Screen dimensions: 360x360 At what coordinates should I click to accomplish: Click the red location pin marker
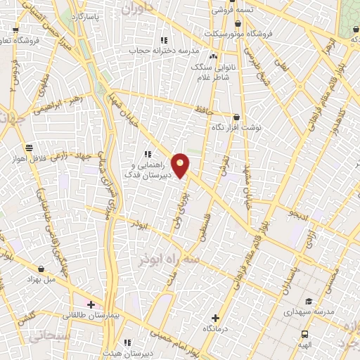[x=181, y=165]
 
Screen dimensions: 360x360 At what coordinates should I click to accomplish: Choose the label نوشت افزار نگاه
[x=236, y=129]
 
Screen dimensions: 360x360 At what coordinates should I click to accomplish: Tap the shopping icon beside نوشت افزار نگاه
[x=236, y=117]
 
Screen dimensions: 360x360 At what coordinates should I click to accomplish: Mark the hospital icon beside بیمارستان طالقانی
[x=91, y=304]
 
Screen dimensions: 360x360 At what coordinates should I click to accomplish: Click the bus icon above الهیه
[x=304, y=334]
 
